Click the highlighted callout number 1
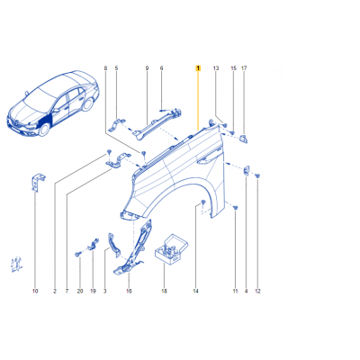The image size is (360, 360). pos(198,68)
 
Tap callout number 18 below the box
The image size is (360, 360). pos(164,291)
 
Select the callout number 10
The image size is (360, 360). pos(35,291)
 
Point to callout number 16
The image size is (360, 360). pos(129,291)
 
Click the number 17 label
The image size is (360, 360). pos(244,68)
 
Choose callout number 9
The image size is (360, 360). pos(147,68)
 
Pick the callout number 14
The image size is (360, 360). pos(195,291)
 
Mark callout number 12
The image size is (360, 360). pos(257,291)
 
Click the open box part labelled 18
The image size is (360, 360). pos(171,249)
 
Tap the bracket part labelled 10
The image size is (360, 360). pos(37,182)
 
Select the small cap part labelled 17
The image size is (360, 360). pos(243,139)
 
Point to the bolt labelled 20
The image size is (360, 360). pos(77,255)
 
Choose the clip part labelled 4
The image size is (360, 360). pos(247,170)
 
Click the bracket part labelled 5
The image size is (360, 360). pos(118,125)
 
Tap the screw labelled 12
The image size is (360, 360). pos(257,175)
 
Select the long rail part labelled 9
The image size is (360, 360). pos(158,123)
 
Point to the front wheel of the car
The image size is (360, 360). pos(44,129)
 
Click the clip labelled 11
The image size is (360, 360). pos(236,207)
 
